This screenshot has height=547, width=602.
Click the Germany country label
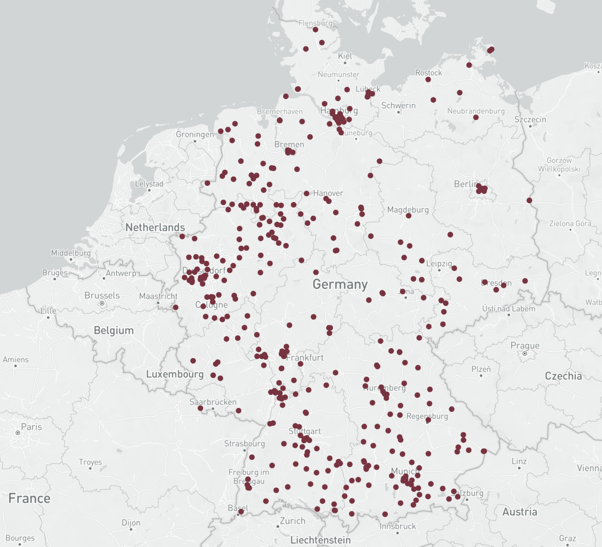pyautogui.click(x=340, y=284)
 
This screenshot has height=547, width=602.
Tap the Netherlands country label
pyautogui.click(x=155, y=227)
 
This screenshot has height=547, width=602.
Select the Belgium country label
pyautogui.click(x=114, y=330)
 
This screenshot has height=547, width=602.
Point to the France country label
pyautogui.click(x=29, y=498)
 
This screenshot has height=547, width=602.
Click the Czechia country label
pyautogui.click(x=563, y=376)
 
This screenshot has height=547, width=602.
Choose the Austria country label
pyautogui.click(x=519, y=512)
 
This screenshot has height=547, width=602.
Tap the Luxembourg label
pyautogui.click(x=175, y=374)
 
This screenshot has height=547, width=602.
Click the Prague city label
pyautogui.click(x=525, y=345)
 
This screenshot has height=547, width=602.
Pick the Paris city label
pyautogui.click(x=31, y=427)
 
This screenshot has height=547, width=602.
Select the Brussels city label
pyautogui.click(x=102, y=295)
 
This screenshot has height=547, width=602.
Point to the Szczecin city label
pyautogui.click(x=530, y=119)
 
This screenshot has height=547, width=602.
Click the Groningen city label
pyautogui.click(x=195, y=134)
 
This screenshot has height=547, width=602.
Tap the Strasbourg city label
pyautogui.click(x=244, y=443)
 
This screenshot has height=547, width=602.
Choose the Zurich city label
pyautogui.click(x=292, y=521)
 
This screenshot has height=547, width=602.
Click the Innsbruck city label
pyautogui.click(x=397, y=526)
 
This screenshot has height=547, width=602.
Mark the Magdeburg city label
pyautogui.click(x=408, y=210)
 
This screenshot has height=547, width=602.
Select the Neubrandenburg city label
pyautogui.click(x=476, y=111)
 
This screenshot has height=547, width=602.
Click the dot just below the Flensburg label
pyautogui.click(x=315, y=30)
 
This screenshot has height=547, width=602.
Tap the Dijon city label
pyautogui.click(x=131, y=523)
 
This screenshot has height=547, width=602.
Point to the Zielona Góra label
pyautogui.click(x=570, y=223)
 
